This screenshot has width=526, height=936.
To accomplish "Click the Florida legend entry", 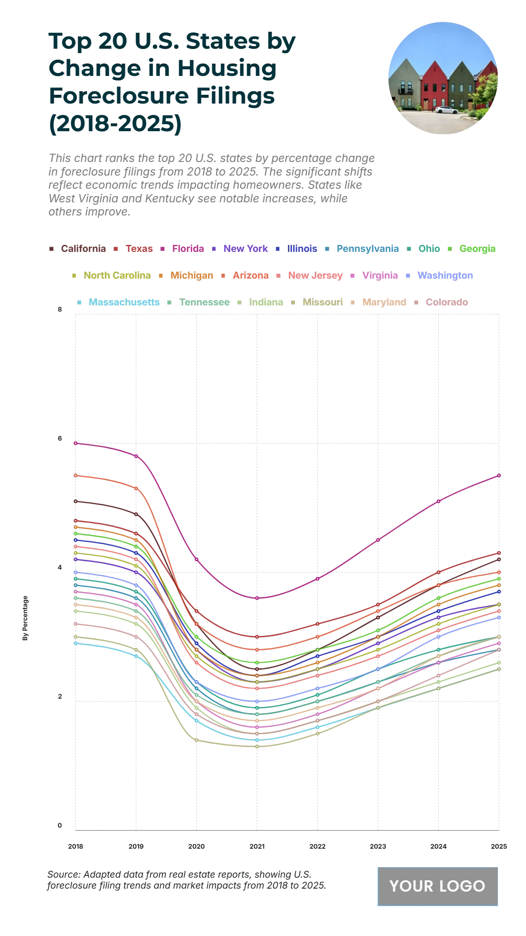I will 188,249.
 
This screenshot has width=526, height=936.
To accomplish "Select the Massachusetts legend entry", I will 124,302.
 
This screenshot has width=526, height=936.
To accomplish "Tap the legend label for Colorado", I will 447,302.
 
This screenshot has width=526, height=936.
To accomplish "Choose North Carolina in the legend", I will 117,276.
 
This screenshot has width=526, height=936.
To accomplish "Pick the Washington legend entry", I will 445,276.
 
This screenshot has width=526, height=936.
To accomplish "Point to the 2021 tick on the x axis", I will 257,846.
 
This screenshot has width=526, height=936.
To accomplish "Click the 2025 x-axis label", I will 499,846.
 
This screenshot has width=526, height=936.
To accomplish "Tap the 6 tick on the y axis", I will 60,438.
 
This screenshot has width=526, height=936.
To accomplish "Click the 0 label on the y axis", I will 60,825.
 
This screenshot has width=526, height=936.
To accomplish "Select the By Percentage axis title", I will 25,618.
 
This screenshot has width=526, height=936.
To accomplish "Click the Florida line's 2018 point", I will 75,443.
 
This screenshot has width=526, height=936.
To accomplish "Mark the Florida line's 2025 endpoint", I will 499,475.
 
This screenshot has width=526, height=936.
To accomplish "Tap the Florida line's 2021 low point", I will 257,598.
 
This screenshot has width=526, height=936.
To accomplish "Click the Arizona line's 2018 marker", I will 75,475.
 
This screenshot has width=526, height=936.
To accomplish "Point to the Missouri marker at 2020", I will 196,740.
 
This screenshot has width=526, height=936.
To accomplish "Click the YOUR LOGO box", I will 437,886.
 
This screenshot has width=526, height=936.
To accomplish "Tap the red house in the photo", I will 434,88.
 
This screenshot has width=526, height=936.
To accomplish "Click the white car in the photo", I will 446,110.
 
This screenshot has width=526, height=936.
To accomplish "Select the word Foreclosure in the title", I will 161,96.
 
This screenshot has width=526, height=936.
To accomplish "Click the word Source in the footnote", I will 63,874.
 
